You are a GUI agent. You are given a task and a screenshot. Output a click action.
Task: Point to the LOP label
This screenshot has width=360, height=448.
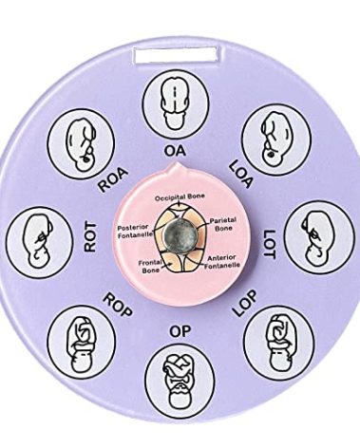(244, 304)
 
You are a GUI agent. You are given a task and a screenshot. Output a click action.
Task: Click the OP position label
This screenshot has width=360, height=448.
(179, 330)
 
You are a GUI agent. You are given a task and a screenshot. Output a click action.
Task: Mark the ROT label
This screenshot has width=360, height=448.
(91, 237)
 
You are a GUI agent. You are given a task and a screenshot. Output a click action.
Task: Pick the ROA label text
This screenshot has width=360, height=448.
(113, 176)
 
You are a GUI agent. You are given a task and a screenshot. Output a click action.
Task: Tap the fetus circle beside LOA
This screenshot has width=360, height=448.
(274, 136)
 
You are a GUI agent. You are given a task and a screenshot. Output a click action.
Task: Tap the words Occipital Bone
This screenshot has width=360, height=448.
(180, 196)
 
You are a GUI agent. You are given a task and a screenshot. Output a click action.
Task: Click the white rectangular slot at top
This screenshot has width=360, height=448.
(177, 55)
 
